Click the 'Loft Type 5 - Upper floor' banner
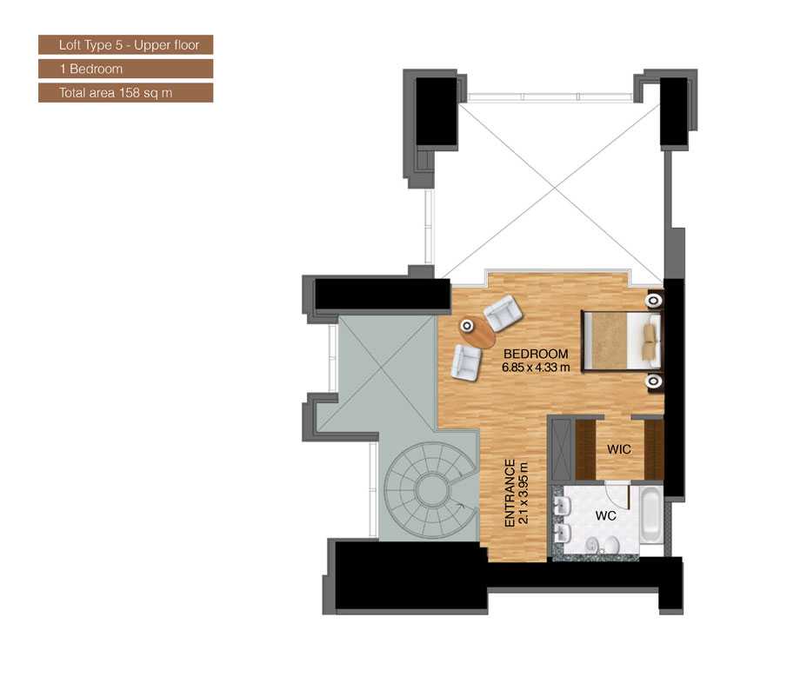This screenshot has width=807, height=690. coord(125,44)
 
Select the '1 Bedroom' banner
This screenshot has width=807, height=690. coord(125,68)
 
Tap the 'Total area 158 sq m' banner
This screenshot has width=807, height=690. coord(125,91)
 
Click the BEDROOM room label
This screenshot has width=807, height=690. coord(535,354)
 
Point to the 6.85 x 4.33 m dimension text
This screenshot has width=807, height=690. coord(535,367)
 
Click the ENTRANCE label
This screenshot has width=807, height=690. coord(511,493)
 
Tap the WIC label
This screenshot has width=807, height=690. coord(618,449)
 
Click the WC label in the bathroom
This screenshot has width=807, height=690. coord(605,515)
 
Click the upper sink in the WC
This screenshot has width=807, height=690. coord(561,505)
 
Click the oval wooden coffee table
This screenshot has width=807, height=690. coord(475,329)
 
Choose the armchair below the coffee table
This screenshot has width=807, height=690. coord(466,361)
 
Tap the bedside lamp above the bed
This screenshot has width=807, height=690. coord(653,302)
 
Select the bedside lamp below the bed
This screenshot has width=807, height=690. coord(653,381)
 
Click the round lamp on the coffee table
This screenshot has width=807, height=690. coord(467,327)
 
